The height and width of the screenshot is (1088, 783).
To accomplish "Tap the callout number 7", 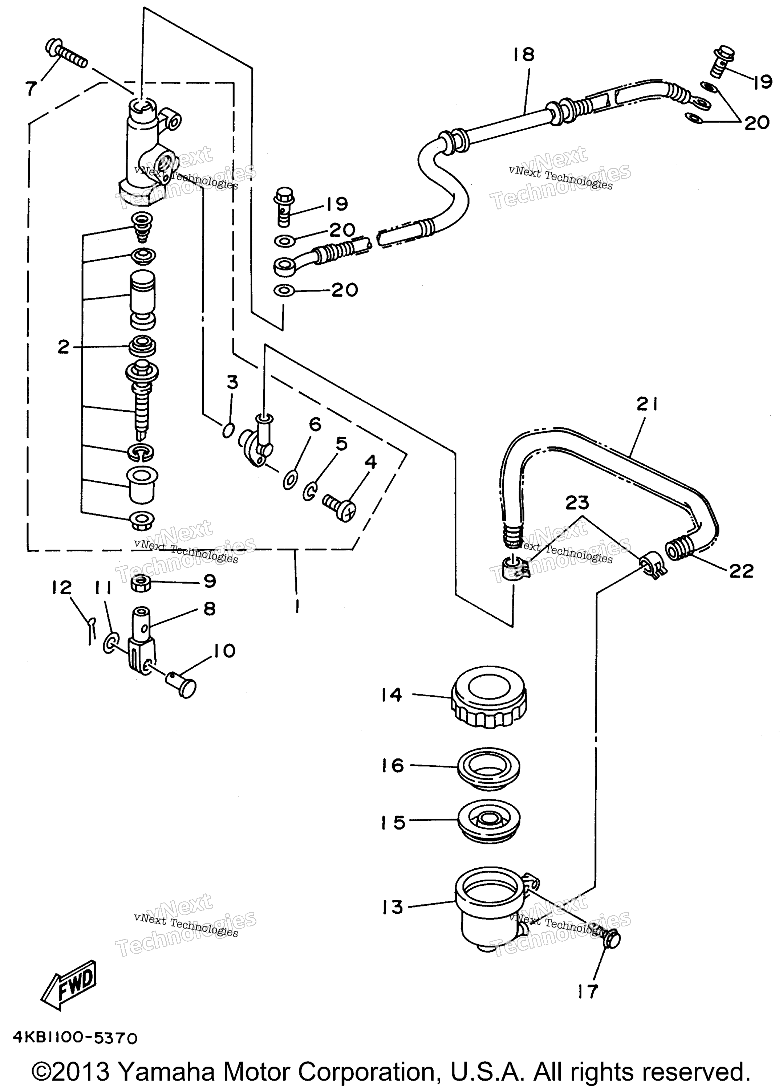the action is coord(31,88).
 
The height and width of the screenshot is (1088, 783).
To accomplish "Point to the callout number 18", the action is coord(523,55).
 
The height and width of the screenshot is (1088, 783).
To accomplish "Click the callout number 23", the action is coord(577,503).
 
